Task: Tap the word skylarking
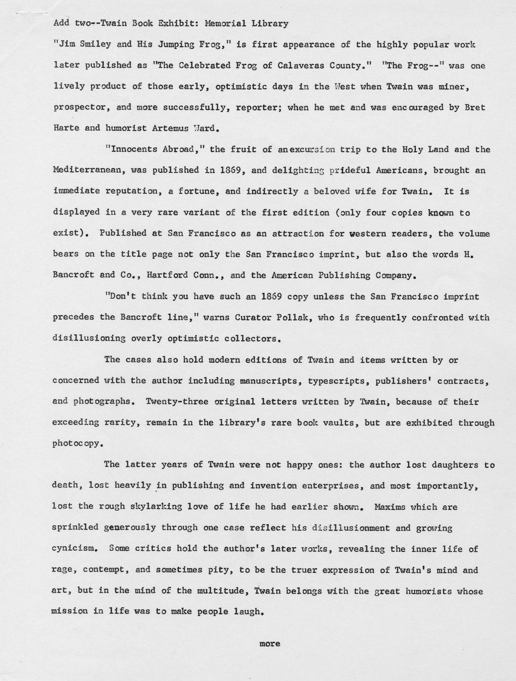tap(157, 506)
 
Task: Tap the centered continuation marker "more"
tap(269, 643)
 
